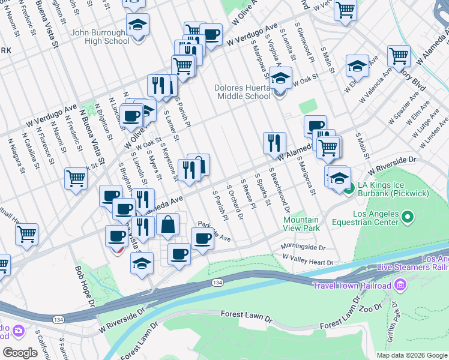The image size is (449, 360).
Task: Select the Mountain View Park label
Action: [301, 224]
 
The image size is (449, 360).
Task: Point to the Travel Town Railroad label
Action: [351, 284]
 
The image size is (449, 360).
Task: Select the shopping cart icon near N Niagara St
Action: [76, 178]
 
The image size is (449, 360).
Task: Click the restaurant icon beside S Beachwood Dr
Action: [274, 143]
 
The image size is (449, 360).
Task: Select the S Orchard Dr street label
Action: [235, 202]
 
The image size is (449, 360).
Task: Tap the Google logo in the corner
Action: [20, 353]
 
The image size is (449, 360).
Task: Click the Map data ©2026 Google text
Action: [412, 355]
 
